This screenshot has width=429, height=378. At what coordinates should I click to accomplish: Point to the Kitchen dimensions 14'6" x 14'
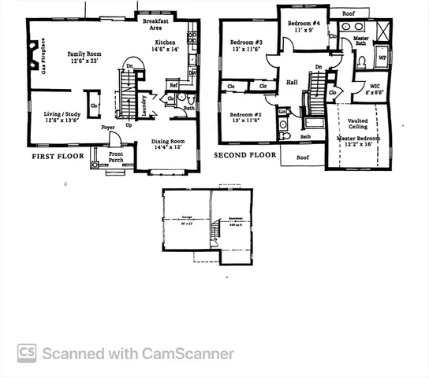tap(166, 50)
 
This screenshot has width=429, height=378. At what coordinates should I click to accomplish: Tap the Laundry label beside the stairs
tap(155, 106)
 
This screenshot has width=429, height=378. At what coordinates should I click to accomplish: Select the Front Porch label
tap(116, 157)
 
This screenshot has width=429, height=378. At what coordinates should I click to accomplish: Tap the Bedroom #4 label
tap(304, 24)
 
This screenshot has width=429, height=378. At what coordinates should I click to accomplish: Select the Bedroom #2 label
tap(246, 115)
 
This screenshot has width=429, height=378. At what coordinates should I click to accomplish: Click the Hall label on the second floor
tap(292, 82)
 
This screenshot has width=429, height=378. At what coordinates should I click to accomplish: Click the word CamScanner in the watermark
tap(188, 354)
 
